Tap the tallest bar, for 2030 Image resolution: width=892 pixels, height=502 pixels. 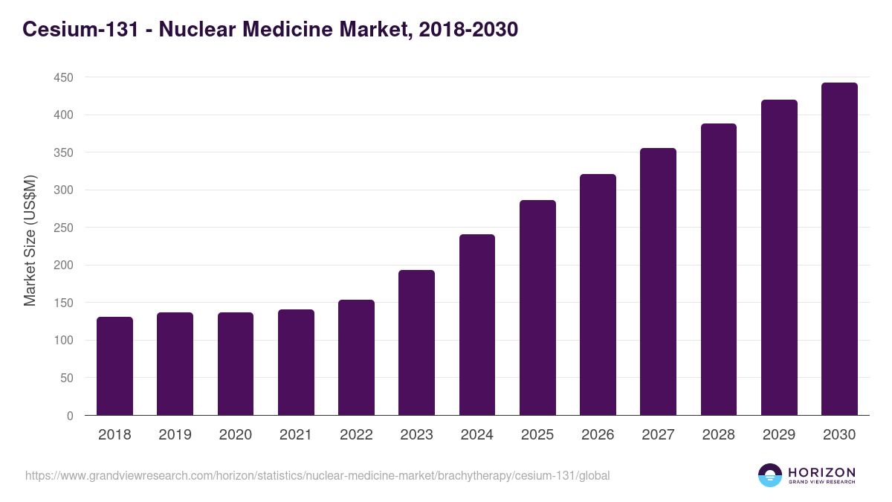(x=839, y=249)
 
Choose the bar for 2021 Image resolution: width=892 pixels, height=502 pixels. (x=296, y=362)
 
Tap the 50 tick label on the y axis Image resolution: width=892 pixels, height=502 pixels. (x=68, y=378)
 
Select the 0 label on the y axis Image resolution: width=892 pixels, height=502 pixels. (x=71, y=416)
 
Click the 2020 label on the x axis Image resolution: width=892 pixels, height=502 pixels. (x=235, y=435)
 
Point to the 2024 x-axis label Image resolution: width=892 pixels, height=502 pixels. (x=476, y=435)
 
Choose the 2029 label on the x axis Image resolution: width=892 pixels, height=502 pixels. (x=779, y=435)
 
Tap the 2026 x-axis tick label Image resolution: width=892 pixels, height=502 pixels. (x=598, y=435)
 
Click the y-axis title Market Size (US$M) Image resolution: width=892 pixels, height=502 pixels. (x=30, y=241)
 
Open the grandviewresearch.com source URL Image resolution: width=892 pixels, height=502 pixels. (x=317, y=475)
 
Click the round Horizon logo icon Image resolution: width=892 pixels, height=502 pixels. (x=770, y=475)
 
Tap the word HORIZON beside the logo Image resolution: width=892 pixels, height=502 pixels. (x=821, y=472)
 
